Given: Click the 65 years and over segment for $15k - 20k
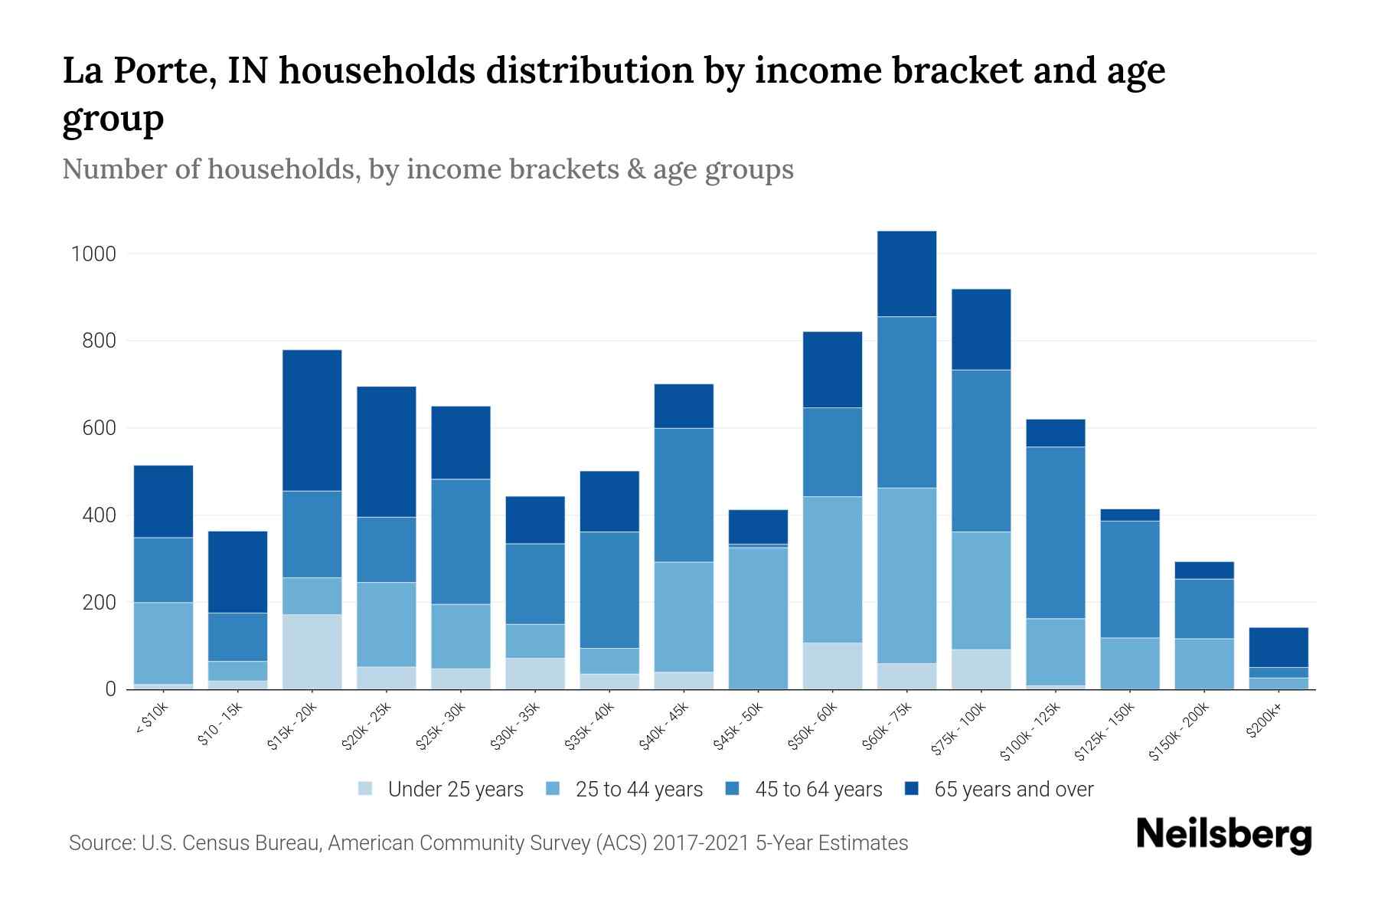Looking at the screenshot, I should tap(312, 420).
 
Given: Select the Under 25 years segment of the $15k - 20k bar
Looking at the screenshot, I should tap(312, 651).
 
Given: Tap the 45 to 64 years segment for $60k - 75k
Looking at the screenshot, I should tap(906, 402).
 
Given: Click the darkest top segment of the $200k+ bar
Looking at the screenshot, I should tap(1278, 647).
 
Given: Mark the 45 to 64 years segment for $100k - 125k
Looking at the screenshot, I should tap(1056, 532).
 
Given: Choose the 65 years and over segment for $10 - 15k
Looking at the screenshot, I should tap(237, 571).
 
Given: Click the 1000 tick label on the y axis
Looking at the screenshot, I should tap(93, 253).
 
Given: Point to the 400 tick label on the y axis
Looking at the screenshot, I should tap(99, 515).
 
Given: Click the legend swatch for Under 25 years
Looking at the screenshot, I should tap(366, 789).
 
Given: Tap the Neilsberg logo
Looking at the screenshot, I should tap(1223, 834).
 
